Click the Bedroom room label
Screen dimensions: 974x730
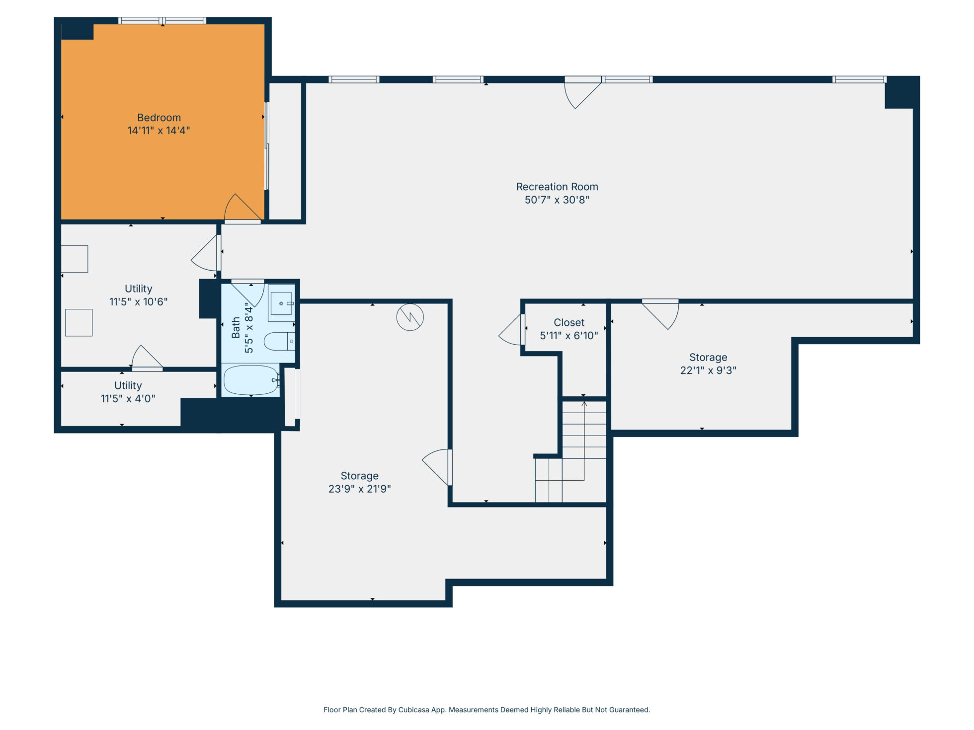159,118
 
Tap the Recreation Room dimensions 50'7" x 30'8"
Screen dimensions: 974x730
557,200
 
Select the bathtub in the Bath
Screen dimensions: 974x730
251,380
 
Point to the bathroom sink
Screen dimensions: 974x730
281,303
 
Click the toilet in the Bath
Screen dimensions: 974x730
279,342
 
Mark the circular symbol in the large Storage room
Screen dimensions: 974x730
410,317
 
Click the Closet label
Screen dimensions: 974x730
569,323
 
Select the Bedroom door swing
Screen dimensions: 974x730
243,208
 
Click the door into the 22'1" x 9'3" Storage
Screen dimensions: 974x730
660,314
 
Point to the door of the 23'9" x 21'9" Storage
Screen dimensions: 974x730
437,467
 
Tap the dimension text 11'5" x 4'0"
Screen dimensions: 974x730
128,399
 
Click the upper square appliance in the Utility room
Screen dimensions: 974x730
75,259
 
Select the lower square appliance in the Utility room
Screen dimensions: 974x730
79,323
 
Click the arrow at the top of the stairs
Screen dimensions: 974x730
584,404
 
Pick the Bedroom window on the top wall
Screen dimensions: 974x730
162,21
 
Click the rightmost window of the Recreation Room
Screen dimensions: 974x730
860,79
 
